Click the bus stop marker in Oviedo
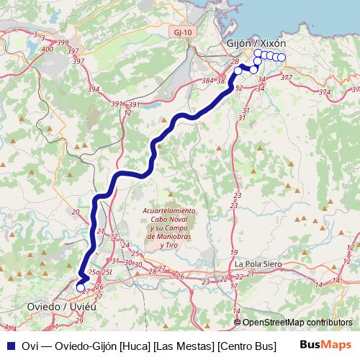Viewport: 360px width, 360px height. [81, 288]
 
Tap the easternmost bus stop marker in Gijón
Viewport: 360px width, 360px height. [282, 58]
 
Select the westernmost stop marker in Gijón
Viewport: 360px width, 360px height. [238, 71]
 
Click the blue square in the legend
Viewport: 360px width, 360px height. [9, 345]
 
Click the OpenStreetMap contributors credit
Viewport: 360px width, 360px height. [297, 323]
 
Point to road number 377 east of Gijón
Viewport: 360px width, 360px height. [286, 77]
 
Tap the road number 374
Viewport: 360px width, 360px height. [325, 92]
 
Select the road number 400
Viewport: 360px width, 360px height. [48, 49]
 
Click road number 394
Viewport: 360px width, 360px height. [93, 89]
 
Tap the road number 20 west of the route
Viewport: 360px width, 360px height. [75, 212]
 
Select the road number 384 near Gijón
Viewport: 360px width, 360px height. [208, 81]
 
